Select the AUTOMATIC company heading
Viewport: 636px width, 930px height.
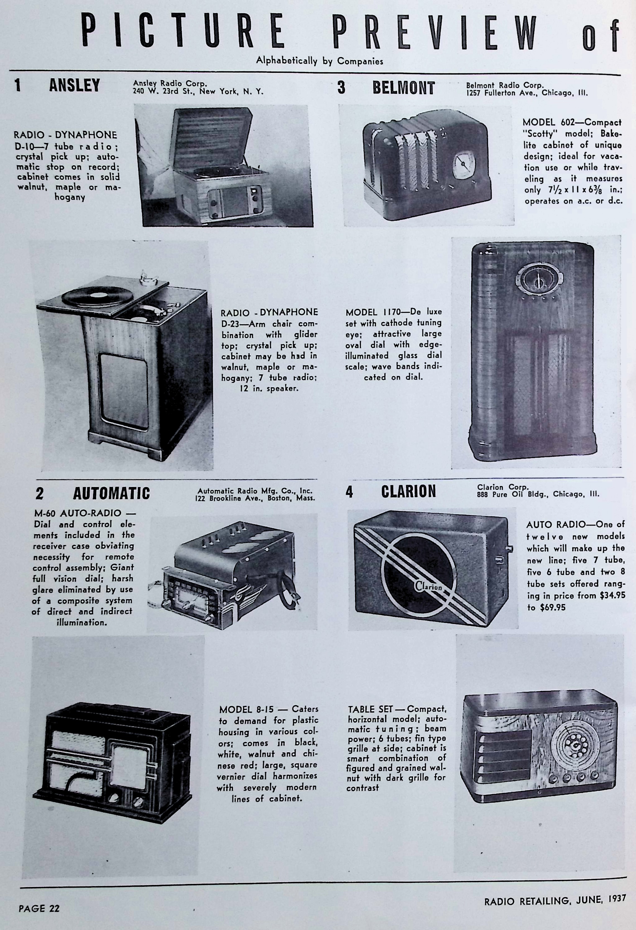(x=111, y=493)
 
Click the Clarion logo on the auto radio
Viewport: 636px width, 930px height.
(x=428, y=587)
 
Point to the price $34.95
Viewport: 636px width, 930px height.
(x=612, y=595)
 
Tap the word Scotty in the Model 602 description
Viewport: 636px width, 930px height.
(x=540, y=134)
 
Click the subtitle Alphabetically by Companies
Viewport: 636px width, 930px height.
(x=319, y=61)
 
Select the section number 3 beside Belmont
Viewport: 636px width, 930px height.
(x=341, y=88)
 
